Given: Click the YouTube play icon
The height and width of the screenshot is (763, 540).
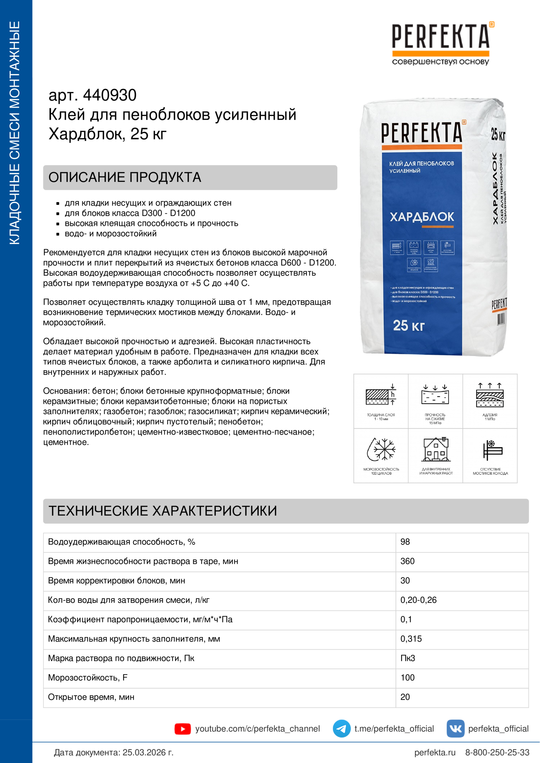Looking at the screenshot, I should pyautogui.click(x=182, y=729).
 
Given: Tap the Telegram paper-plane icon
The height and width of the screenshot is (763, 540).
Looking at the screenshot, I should pyautogui.click(x=341, y=729).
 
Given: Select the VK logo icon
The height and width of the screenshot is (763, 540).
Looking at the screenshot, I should pyautogui.click(x=455, y=729).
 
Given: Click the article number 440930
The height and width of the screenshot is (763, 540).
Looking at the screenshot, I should pyautogui.click(x=109, y=95).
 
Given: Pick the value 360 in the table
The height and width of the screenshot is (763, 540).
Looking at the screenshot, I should pyautogui.click(x=407, y=561).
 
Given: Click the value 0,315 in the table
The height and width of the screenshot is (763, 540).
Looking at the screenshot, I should pyautogui.click(x=411, y=639).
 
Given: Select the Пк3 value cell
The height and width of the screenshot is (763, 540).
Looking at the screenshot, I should pyautogui.click(x=408, y=658).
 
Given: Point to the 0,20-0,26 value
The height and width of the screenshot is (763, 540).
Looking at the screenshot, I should pyautogui.click(x=418, y=600).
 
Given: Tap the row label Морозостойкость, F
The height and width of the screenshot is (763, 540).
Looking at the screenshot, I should pyautogui.click(x=88, y=678).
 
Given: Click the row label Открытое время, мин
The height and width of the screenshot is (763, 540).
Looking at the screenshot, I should pyautogui.click(x=91, y=697).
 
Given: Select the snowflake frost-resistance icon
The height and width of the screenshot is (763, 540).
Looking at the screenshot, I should pyautogui.click(x=381, y=449).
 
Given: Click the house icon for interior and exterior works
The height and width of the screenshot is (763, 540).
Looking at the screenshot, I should pyautogui.click(x=435, y=449).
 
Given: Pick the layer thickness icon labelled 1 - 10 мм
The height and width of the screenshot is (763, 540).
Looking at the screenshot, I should pyautogui.click(x=381, y=396).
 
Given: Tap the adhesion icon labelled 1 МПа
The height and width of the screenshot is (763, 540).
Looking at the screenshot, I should pyautogui.click(x=490, y=395).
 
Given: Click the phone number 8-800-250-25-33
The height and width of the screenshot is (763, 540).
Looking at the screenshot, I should pyautogui.click(x=497, y=752).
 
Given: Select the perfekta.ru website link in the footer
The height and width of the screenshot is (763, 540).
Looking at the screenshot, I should pyautogui.click(x=434, y=752).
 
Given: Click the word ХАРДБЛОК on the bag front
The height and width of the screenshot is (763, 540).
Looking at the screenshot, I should pyautogui.click(x=421, y=217).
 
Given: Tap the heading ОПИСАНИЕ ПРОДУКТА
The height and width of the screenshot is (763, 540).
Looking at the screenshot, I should pyautogui.click(x=125, y=177).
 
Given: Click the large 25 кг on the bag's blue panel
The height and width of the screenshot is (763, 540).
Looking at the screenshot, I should pyautogui.click(x=409, y=326).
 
